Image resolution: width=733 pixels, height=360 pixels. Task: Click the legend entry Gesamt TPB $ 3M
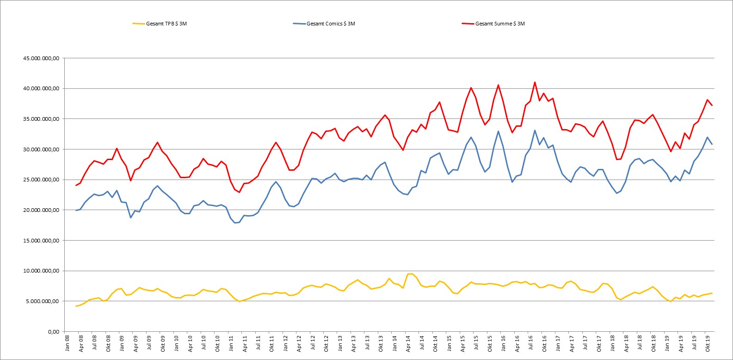pyautogui.click(x=160, y=24)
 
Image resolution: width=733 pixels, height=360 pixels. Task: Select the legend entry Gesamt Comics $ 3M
pyautogui.click(x=324, y=24)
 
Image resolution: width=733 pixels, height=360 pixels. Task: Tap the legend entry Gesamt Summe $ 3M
pyautogui.click(x=493, y=24)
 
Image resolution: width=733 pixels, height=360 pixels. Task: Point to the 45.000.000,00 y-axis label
pyautogui.click(x=41, y=58)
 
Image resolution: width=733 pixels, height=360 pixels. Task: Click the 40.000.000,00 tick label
pyautogui.click(x=41, y=88)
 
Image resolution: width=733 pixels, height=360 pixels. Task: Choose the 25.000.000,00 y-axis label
pyautogui.click(x=41, y=180)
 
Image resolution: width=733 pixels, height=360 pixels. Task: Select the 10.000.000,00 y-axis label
pyautogui.click(x=41, y=271)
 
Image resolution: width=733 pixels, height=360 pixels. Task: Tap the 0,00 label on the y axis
pyautogui.click(x=54, y=331)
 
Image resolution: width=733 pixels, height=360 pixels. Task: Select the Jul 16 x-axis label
pyautogui.click(x=530, y=343)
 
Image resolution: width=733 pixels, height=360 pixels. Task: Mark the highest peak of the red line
pyautogui.click(x=535, y=82)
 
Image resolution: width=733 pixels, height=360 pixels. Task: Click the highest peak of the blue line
pyautogui.click(x=535, y=130)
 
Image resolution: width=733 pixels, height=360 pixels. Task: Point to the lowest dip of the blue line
pyautogui.click(x=235, y=223)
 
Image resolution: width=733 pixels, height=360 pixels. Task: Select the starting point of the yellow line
pyautogui.click(x=76, y=306)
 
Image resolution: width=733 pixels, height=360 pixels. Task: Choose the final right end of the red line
pyautogui.click(x=712, y=105)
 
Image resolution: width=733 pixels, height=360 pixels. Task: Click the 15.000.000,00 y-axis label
pyautogui.click(x=41, y=241)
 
